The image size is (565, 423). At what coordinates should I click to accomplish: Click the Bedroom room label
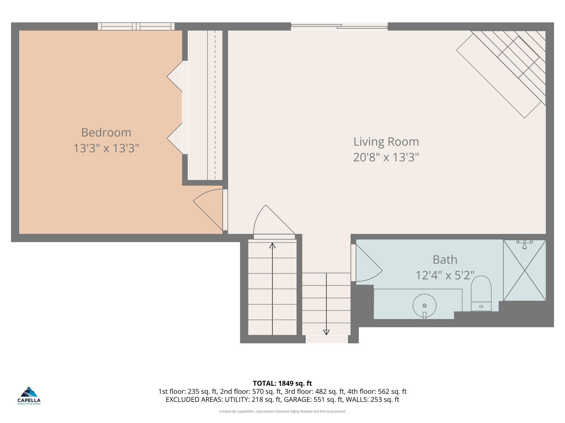click(x=106, y=133)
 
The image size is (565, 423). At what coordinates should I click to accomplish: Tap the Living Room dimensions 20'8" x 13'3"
click(x=386, y=157)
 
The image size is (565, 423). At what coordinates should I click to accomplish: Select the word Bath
click(x=445, y=260)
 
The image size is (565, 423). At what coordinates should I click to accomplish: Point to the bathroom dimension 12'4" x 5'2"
click(x=445, y=275)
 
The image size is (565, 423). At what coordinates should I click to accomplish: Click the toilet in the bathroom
click(x=481, y=293)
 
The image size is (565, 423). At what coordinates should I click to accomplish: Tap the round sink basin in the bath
click(x=425, y=306)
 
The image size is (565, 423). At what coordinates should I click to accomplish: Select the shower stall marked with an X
click(x=525, y=270)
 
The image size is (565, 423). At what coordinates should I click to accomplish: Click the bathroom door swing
click(x=369, y=263)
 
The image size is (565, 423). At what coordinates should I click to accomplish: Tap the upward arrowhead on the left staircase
click(x=272, y=245)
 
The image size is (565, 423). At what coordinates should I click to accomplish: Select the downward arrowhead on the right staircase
click(x=326, y=332)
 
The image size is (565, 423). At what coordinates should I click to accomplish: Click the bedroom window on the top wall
click(x=136, y=26)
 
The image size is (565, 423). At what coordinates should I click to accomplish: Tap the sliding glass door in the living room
click(x=339, y=26)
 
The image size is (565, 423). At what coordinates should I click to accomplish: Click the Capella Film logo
click(x=29, y=395)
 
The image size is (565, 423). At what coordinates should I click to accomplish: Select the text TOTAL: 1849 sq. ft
click(x=282, y=383)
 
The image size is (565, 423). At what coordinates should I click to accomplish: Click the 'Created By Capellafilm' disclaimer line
click(x=282, y=411)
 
